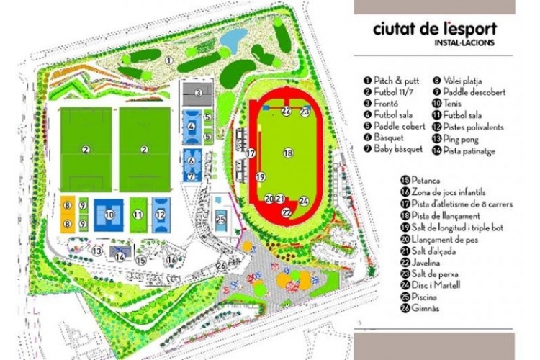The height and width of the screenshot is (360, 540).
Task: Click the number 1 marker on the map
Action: click(169, 61)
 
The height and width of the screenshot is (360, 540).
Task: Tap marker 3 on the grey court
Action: click(197, 93)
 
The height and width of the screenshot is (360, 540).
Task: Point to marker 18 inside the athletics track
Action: click(288, 153)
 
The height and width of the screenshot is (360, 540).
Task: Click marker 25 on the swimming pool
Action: click(221, 220)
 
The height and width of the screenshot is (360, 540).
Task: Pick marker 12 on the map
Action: click(160, 214)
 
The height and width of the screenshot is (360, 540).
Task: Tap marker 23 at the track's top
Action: click(305, 112)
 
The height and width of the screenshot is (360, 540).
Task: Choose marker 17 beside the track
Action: click(251, 153)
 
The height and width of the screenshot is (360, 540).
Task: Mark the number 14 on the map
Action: click(120, 256)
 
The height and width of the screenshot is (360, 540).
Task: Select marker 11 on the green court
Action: click(138, 214)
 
